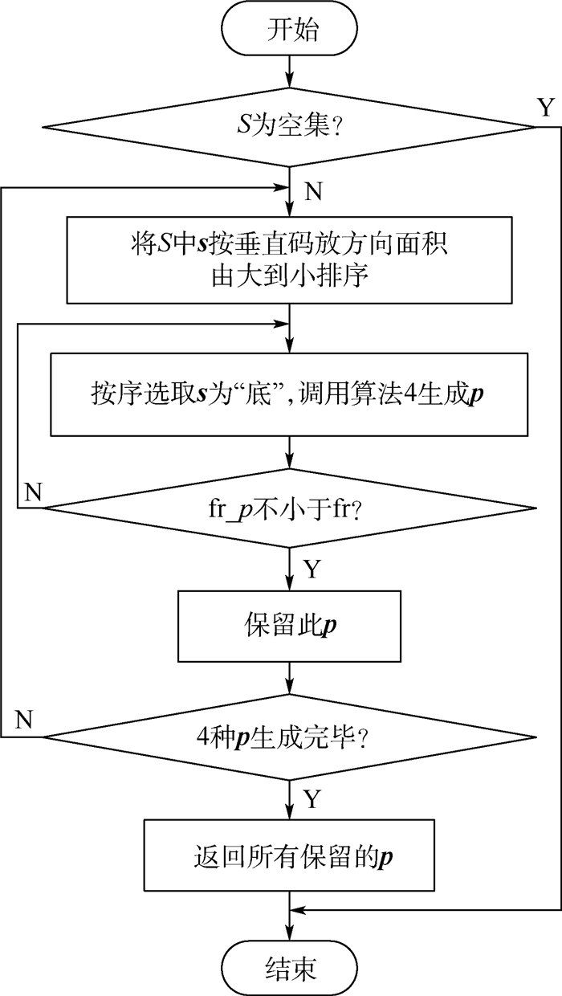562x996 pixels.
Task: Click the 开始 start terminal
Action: pos(290,32)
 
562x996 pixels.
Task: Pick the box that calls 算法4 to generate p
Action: pos(290,394)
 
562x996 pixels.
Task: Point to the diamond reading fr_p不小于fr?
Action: pos(290,508)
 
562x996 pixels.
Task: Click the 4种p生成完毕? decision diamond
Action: pos(290,736)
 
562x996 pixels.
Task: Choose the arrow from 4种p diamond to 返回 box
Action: pos(290,798)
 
